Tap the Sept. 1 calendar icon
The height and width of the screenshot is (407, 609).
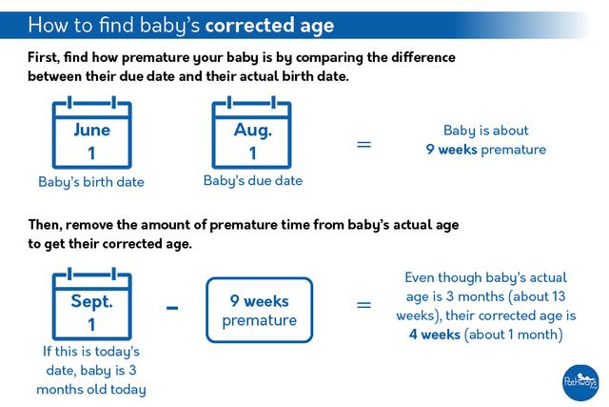tap(91, 307)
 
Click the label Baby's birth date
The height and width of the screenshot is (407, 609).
tap(91, 181)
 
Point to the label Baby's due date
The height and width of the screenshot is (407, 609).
tap(252, 180)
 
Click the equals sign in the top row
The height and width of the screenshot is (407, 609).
tap(363, 145)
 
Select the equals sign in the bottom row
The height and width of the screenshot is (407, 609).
tap(363, 306)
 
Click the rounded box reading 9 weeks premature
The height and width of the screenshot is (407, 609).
tap(259, 311)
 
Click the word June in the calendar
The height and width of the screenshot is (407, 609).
tap(91, 131)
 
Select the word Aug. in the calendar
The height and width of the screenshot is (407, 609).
tap(252, 131)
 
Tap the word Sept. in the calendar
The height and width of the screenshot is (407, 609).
tap(91, 301)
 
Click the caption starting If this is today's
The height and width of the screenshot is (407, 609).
tap(91, 371)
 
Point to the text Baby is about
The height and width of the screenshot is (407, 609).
tap(485, 131)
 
